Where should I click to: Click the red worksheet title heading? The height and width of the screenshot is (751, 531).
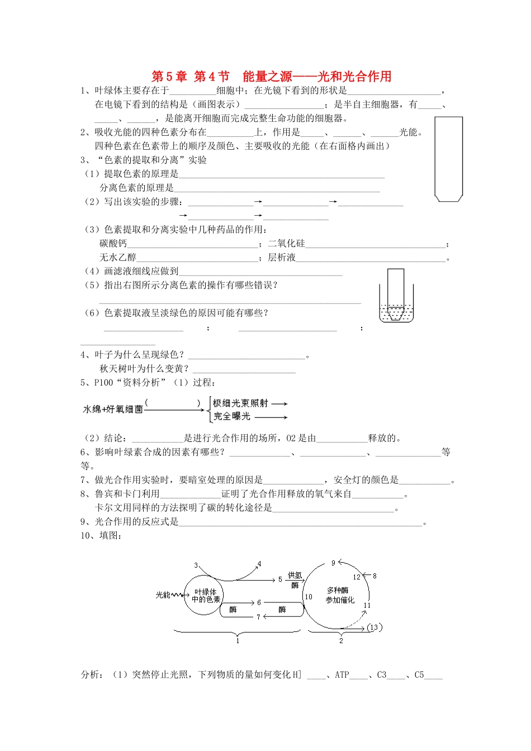[271, 77]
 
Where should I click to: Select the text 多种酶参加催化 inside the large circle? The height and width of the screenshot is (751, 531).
[340, 595]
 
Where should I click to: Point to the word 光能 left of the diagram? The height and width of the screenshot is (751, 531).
[163, 595]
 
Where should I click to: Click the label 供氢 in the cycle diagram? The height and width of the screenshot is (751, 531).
[295, 575]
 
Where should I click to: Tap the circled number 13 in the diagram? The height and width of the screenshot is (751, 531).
[374, 627]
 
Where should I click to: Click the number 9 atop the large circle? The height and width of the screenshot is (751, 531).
[333, 563]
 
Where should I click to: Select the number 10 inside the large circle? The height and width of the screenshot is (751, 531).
[309, 597]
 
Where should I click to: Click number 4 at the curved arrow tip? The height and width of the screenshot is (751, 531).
[259, 564]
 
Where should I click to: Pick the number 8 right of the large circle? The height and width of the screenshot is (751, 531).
[374, 576]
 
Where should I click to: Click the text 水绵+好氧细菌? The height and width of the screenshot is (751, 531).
[113, 410]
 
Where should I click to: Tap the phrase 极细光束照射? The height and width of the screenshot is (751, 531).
[240, 403]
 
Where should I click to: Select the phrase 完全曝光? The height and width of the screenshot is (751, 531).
[232, 416]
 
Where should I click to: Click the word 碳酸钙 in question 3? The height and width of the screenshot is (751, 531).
[113, 244]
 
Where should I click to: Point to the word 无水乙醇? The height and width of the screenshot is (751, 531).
[118, 258]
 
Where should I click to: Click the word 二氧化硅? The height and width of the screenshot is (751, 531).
[287, 244]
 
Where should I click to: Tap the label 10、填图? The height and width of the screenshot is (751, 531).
[101, 536]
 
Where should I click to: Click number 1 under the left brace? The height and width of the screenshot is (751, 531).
[238, 640]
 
